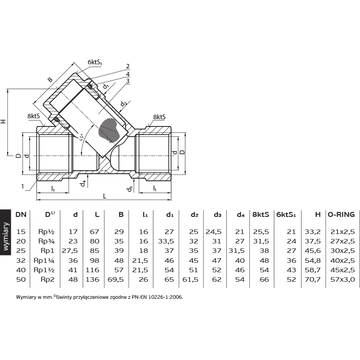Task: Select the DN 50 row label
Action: [21, 279]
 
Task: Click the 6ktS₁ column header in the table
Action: [286, 215]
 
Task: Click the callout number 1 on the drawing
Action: [22, 186]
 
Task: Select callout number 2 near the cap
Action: [128, 66]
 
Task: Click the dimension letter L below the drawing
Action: [105, 196]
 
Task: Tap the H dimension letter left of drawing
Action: [4, 121]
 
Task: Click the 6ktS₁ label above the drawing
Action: [95, 62]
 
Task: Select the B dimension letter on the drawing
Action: [50, 80]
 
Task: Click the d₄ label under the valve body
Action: [83, 184]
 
